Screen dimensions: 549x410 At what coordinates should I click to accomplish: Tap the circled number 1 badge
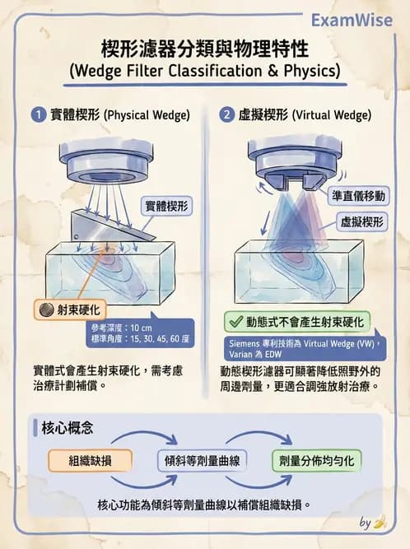point(39,115)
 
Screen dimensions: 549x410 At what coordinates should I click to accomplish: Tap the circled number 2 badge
point(226,115)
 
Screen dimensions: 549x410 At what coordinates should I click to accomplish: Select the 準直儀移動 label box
point(358,195)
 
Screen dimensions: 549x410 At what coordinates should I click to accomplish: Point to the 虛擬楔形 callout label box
point(362,221)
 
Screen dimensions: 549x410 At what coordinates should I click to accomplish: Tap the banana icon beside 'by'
point(380,522)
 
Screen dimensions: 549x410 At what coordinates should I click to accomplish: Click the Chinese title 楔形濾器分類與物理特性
point(204,48)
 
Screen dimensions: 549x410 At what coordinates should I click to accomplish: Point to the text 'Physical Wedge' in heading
point(147,115)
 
